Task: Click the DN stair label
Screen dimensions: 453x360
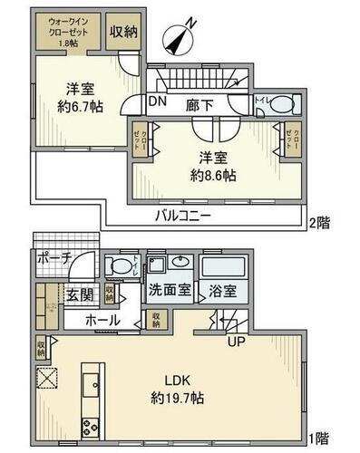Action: click(x=158, y=102)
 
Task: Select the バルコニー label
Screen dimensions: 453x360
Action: click(x=182, y=217)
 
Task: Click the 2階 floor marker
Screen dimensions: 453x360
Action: click(x=318, y=221)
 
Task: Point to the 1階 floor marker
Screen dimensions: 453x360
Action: click(x=318, y=438)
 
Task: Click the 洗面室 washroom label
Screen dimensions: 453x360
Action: click(x=170, y=292)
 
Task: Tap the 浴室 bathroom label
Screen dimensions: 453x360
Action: click(x=223, y=292)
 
